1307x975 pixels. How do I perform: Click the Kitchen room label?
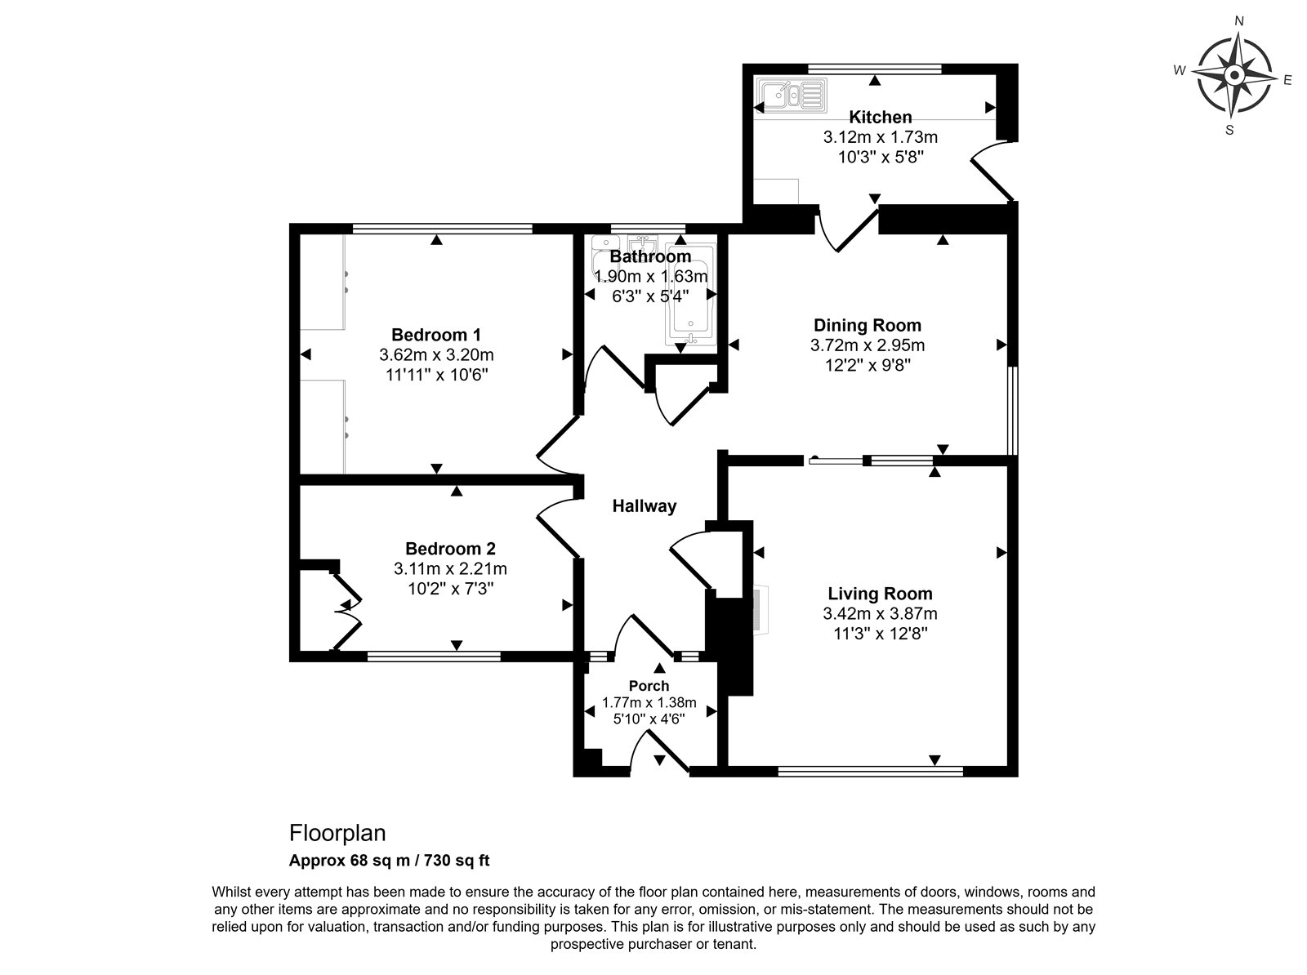pos(880,117)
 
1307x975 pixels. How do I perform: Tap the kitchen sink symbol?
pos(792,96)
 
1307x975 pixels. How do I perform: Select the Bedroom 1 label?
pos(436,335)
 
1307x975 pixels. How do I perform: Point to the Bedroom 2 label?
pos(450,548)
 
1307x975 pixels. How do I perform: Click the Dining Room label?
pos(867,325)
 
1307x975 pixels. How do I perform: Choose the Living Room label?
pos(880,594)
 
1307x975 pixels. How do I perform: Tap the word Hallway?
pos(645,506)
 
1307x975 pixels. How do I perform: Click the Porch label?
pos(649,686)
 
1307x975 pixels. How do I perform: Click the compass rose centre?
pos(1234,76)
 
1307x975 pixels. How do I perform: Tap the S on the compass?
pos(1229,130)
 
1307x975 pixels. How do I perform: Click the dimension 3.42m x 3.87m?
pos(880,613)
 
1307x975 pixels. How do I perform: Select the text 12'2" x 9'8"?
pos(868,364)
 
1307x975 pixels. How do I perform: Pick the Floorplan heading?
pos(337,833)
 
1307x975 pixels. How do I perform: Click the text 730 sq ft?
pos(457,860)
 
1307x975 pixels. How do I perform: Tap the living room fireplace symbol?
pos(761,609)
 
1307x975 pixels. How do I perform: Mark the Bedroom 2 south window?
pos(434,657)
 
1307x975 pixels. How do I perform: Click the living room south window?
pos(871,772)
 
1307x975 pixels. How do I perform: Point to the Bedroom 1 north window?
pos(443,228)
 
